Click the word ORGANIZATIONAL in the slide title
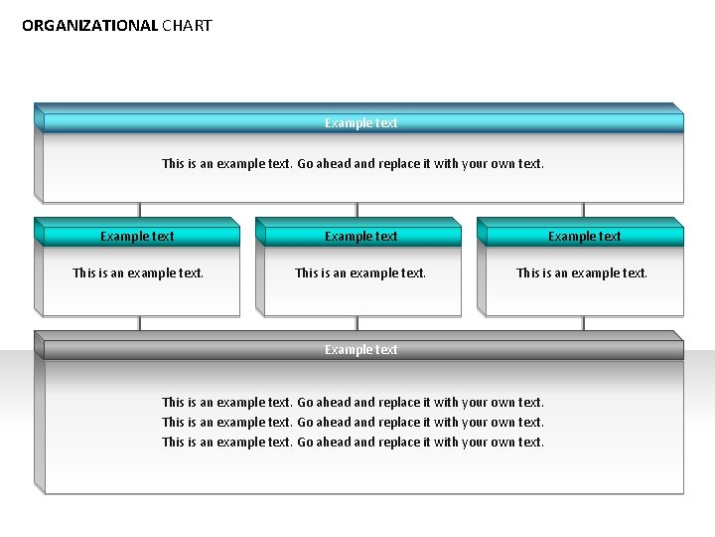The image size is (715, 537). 89,26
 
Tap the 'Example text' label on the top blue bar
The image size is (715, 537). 360,123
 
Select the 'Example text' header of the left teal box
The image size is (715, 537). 137,237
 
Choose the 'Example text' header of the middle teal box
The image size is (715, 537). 360,237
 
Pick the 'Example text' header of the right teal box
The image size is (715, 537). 584,237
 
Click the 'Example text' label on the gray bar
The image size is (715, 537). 360,350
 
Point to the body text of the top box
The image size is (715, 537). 353,164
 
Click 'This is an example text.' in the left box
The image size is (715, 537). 138,273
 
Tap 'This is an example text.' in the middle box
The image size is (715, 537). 360,273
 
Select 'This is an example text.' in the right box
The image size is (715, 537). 582,273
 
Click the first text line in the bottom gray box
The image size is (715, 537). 353,403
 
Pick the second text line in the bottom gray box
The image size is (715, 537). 353,423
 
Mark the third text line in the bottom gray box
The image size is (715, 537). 353,443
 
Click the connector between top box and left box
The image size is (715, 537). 140,210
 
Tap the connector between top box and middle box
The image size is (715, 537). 357,210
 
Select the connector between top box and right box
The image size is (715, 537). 583,210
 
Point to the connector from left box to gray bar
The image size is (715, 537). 140,323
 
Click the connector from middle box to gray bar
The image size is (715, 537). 357,323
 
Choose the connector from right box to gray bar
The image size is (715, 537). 583,323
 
